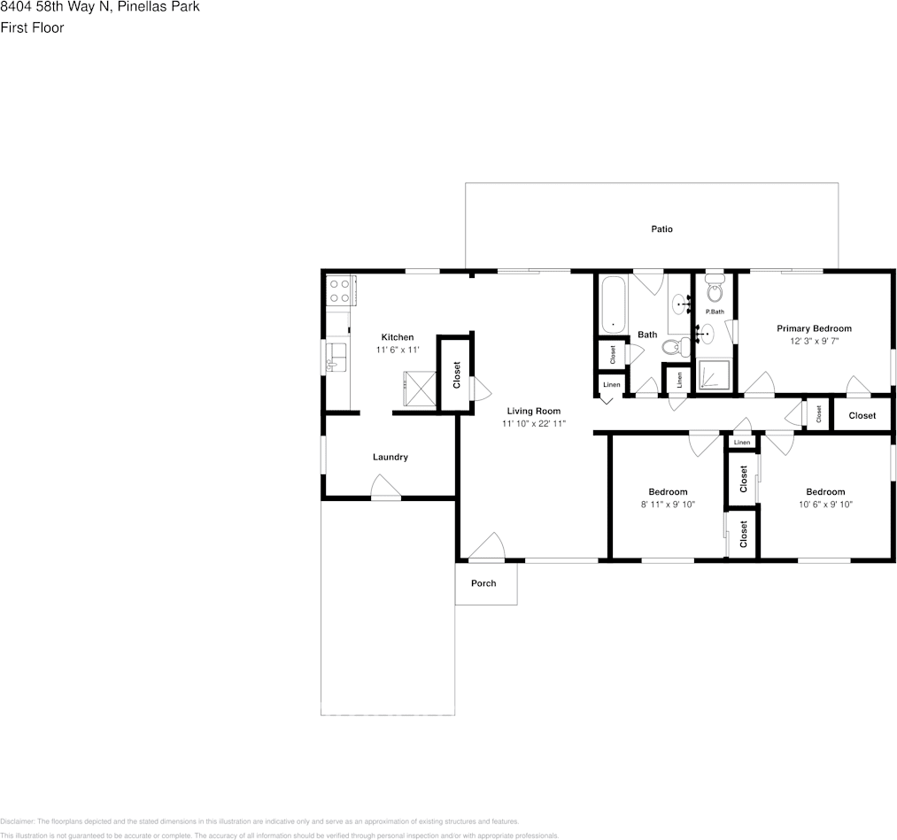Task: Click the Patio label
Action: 661,229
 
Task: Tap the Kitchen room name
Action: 397,337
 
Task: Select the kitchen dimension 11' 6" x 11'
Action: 397,351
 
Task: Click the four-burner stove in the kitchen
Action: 339,291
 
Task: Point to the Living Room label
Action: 534,411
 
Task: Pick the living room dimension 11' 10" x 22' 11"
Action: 534,424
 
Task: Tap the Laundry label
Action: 390,457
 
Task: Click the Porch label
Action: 483,583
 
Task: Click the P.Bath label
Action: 715,312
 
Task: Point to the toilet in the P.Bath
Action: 715,289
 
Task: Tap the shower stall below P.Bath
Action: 714,375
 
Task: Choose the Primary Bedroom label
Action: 814,328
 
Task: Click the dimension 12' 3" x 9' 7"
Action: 814,341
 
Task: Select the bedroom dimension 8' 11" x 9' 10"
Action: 668,505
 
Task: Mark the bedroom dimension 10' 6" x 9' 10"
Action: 825,505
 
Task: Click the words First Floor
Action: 32,27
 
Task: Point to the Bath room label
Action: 647,335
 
